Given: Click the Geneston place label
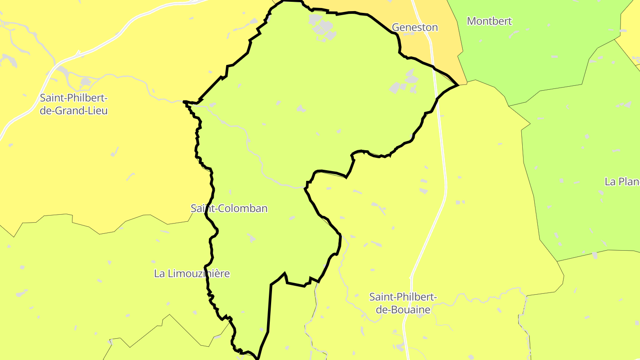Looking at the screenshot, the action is [415, 28].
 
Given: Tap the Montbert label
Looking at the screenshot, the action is [489, 21].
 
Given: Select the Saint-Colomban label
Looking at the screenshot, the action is [229, 208].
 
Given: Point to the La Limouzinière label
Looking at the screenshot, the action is [192, 273].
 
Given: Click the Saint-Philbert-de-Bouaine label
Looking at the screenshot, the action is [403, 303].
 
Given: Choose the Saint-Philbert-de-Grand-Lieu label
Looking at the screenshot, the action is [74, 104].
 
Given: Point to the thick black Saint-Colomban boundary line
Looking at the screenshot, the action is [269, 311].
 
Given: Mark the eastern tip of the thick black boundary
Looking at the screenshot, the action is [458, 84].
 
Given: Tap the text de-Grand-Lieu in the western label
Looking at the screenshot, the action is [74, 111].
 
